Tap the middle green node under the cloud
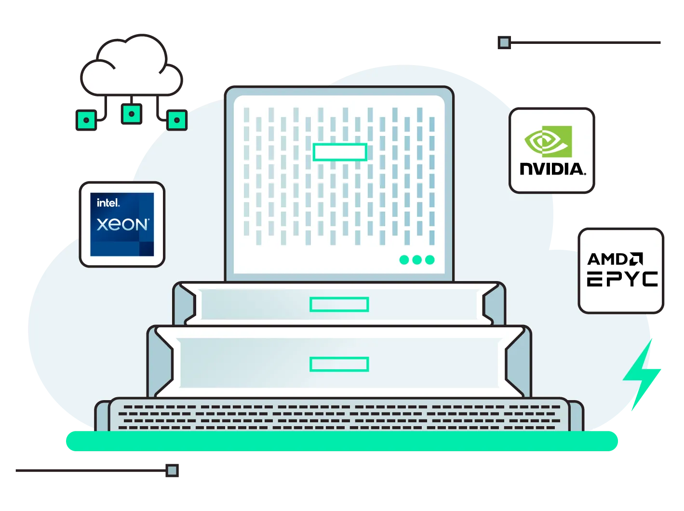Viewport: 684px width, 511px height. tap(132, 114)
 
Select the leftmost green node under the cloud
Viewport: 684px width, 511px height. tap(86, 120)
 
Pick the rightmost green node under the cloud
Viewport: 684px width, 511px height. tap(177, 120)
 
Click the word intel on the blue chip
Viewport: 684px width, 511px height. tap(108, 203)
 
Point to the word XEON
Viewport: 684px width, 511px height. tap(122, 225)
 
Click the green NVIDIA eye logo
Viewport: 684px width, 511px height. tap(548, 141)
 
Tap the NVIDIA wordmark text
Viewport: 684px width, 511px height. tap(552, 169)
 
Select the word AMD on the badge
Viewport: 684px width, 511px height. tap(608, 259)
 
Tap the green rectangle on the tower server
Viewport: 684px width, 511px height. tap(340, 152)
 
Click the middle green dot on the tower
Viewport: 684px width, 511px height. tap(417, 260)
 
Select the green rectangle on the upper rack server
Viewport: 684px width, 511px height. tap(339, 305)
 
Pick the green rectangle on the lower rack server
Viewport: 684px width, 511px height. tap(339, 364)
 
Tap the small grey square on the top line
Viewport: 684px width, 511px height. tap(504, 42)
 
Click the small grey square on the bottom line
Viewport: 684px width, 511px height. tap(172, 471)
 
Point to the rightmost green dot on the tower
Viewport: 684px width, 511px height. tap(429, 260)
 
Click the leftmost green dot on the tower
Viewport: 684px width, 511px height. tap(404, 260)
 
